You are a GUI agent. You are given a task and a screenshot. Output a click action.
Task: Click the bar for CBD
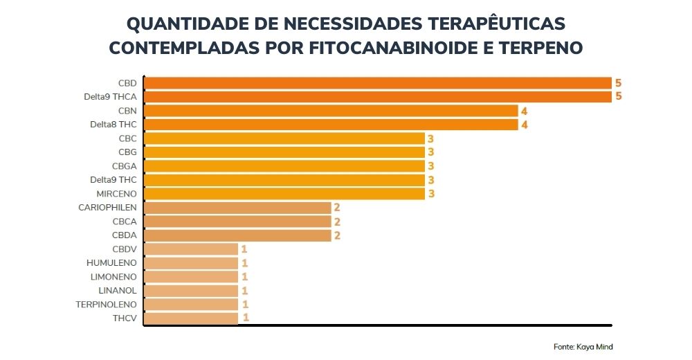coord(377,83)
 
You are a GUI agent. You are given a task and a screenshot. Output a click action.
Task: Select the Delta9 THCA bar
coord(377,97)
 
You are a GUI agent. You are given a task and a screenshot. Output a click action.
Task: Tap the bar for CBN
coord(330,111)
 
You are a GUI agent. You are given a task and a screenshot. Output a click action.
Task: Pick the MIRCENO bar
coord(284,194)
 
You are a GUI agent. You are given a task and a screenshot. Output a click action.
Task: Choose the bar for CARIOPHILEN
coord(237,208)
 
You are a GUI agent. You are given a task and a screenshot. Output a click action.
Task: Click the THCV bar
coord(190,318)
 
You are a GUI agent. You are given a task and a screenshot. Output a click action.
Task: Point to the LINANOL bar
coord(190,291)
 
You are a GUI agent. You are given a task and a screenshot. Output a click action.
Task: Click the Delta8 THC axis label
coord(113,125)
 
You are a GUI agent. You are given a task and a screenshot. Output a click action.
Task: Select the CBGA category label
coord(124,166)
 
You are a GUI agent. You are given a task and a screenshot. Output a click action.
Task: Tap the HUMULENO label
coord(111,263)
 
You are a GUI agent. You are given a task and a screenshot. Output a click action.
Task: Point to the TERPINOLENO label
coord(107,305)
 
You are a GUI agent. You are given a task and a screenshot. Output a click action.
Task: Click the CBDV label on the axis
coord(124,249)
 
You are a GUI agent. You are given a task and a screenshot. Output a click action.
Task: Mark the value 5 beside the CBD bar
coord(619,83)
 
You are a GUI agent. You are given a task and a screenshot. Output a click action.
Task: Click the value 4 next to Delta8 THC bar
coord(525,125)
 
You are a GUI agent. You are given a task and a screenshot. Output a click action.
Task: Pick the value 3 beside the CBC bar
coord(430,138)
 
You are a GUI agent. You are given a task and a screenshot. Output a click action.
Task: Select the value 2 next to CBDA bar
coord(337,235)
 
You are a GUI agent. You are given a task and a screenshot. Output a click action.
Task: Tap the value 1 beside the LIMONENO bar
coord(244,277)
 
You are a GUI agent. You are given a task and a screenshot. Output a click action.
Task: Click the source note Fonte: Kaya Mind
coord(583,347)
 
